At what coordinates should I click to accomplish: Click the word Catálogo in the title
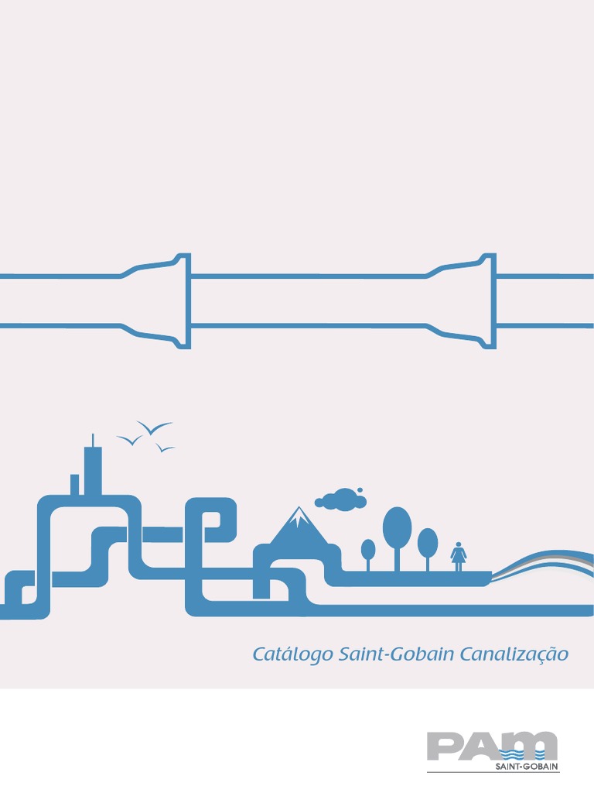click(293, 655)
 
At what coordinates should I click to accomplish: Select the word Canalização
click(514, 655)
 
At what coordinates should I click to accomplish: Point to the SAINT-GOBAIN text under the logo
click(527, 767)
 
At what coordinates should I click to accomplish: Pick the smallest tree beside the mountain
click(368, 549)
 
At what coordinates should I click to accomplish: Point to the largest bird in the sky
click(153, 428)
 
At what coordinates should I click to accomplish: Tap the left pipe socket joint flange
click(183, 300)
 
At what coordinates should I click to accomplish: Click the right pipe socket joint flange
click(488, 300)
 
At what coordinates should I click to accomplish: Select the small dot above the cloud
click(360, 489)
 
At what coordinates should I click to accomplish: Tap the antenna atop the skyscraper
click(94, 440)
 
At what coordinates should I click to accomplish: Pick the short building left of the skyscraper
click(75, 484)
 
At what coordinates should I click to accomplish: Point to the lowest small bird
click(165, 448)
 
